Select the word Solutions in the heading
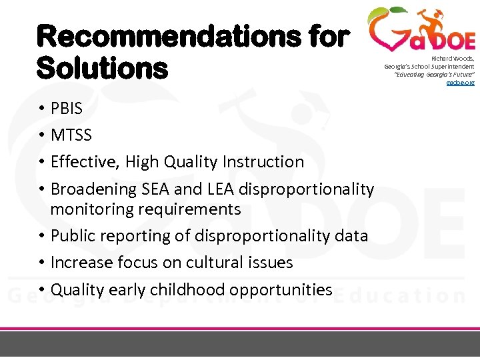[102, 67]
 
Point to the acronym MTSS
[71, 135]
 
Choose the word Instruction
[263, 162]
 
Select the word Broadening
[94, 189]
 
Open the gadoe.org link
[460, 82]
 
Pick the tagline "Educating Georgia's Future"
[433, 74]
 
